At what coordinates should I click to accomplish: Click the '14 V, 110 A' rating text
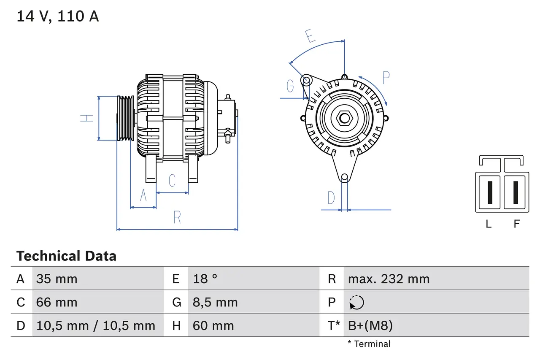click(57, 16)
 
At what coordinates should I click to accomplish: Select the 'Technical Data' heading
click(66, 256)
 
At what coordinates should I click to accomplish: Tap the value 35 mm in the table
click(57, 279)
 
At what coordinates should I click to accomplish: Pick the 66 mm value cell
click(57, 302)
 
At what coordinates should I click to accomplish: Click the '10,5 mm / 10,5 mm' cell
click(96, 325)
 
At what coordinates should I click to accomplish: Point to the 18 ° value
click(205, 279)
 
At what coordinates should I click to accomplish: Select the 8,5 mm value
click(215, 302)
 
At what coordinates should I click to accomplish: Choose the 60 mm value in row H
click(213, 325)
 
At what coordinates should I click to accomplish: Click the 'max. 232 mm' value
click(389, 279)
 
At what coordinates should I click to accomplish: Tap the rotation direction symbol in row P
click(356, 302)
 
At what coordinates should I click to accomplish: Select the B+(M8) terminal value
click(370, 325)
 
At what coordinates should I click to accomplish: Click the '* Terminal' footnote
click(369, 344)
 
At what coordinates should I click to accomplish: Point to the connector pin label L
click(489, 224)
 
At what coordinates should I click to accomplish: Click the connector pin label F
click(516, 224)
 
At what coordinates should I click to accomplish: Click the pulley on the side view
click(125, 118)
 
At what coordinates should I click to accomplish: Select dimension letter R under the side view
click(177, 218)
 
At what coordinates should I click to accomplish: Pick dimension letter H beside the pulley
click(87, 118)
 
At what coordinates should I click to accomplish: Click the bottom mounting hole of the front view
click(344, 177)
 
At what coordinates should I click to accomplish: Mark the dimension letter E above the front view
click(310, 36)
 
